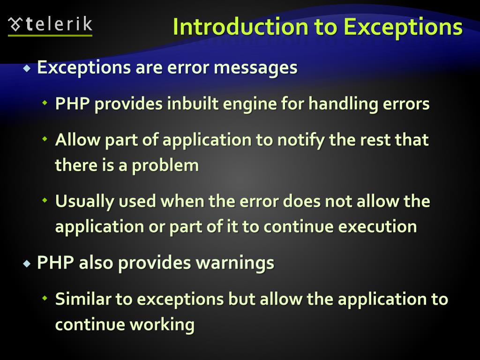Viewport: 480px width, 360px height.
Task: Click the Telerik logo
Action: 51,25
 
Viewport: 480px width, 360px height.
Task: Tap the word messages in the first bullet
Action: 255,67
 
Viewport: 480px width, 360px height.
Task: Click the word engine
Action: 250,104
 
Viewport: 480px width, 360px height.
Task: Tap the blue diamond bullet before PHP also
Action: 27,263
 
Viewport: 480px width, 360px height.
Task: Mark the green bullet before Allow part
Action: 45,139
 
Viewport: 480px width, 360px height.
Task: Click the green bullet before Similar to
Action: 45,298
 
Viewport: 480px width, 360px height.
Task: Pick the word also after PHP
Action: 96,262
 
